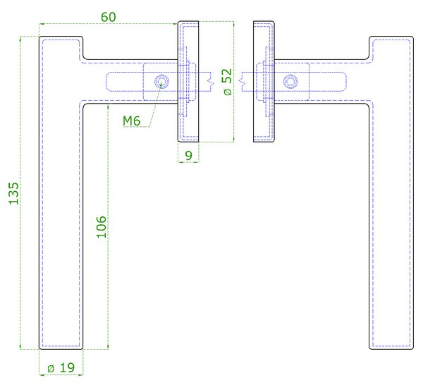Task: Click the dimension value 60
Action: pos(109,17)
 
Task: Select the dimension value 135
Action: pos(14,193)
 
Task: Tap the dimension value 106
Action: pos(102,227)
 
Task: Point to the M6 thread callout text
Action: pos(132,121)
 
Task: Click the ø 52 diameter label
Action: pos(227,82)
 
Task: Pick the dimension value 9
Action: pos(188,155)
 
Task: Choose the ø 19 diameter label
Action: pos(61,367)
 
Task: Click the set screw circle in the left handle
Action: pos(161,82)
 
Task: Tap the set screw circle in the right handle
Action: pos(290,82)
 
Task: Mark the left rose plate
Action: pos(188,82)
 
